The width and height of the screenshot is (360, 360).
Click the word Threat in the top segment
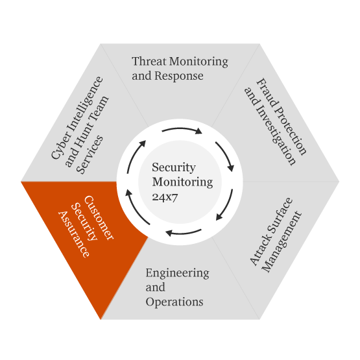click(x=149, y=62)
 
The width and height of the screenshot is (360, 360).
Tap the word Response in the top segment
click(x=179, y=76)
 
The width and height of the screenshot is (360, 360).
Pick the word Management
click(x=282, y=242)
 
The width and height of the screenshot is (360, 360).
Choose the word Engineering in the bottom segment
click(x=178, y=274)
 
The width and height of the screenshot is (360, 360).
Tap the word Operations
click(x=174, y=302)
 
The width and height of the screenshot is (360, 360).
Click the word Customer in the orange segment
click(x=99, y=218)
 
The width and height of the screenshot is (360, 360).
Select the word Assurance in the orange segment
click(x=74, y=234)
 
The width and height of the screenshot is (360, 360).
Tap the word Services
click(x=90, y=154)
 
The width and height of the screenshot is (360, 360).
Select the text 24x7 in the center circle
click(x=165, y=197)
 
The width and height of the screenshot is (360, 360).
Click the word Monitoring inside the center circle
click(x=182, y=182)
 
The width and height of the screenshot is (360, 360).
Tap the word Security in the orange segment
click(x=84, y=222)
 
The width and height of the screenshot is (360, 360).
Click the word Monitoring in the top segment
click(x=198, y=62)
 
